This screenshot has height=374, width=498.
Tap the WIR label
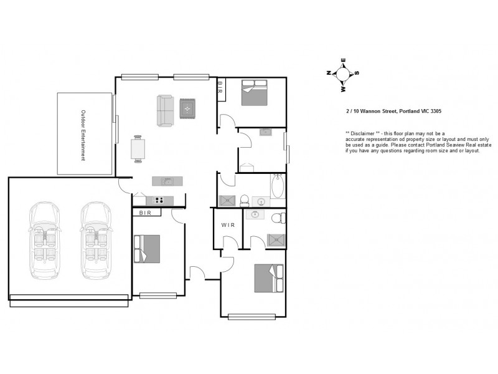point(228,225)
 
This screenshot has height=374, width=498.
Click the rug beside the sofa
point(188,109)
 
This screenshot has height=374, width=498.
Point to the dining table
point(138,149)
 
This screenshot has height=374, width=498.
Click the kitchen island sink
point(167,181)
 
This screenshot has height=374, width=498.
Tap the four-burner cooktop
point(159,200)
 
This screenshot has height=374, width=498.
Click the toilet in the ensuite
point(278,218)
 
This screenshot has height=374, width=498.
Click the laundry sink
point(265,132)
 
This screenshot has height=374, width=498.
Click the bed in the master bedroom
point(270,278)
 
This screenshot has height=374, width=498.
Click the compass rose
point(342,74)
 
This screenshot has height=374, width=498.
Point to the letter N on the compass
point(329,73)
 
